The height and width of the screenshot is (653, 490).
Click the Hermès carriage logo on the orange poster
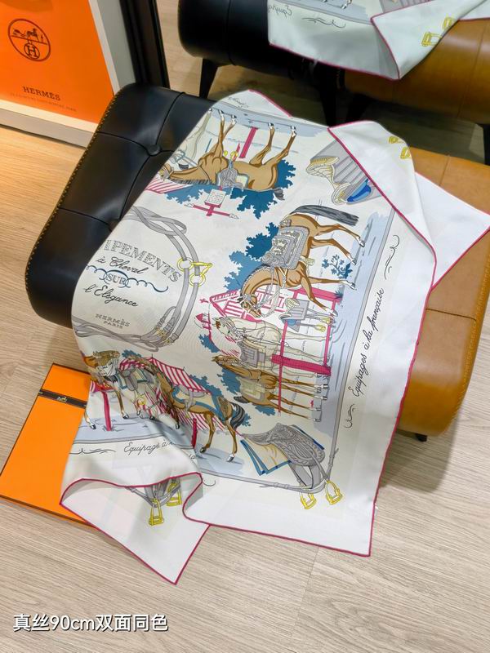point(29,40)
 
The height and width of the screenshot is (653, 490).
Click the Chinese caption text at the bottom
point(90,623)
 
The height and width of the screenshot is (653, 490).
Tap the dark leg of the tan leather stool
point(421,437)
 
